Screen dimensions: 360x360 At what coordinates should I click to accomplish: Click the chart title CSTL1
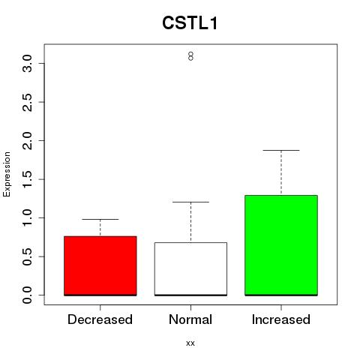tap(190, 23)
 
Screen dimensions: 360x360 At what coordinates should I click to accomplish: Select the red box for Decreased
tap(100, 265)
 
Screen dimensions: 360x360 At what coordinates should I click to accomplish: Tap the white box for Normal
tap(190, 269)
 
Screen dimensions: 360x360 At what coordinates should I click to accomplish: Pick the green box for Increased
tap(281, 245)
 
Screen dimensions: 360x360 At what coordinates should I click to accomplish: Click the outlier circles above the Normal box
tap(190, 56)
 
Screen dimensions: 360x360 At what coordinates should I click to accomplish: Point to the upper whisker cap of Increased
tap(281, 150)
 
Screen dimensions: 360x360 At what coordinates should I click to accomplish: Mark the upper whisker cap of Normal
tap(190, 202)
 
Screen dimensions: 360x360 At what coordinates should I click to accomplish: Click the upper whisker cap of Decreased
tap(100, 219)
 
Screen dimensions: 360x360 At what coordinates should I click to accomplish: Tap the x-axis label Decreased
tap(100, 319)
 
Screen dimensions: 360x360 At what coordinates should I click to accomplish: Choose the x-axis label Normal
tap(190, 319)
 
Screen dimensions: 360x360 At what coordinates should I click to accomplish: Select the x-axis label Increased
tap(281, 319)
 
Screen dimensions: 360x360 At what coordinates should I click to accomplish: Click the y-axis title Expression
tap(7, 174)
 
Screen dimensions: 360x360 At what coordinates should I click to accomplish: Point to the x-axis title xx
tap(190, 343)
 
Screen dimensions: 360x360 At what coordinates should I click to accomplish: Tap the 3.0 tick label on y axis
tap(27, 64)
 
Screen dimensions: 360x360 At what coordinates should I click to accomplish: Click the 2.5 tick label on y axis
tap(27, 102)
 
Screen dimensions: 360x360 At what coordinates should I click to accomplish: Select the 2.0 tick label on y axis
tap(27, 141)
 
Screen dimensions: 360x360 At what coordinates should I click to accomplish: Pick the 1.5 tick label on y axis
tap(27, 179)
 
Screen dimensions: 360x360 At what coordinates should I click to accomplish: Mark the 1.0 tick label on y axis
tap(27, 218)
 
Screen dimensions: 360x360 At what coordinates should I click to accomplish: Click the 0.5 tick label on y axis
tap(27, 256)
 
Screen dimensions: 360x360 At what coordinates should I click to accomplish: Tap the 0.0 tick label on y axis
tap(27, 295)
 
